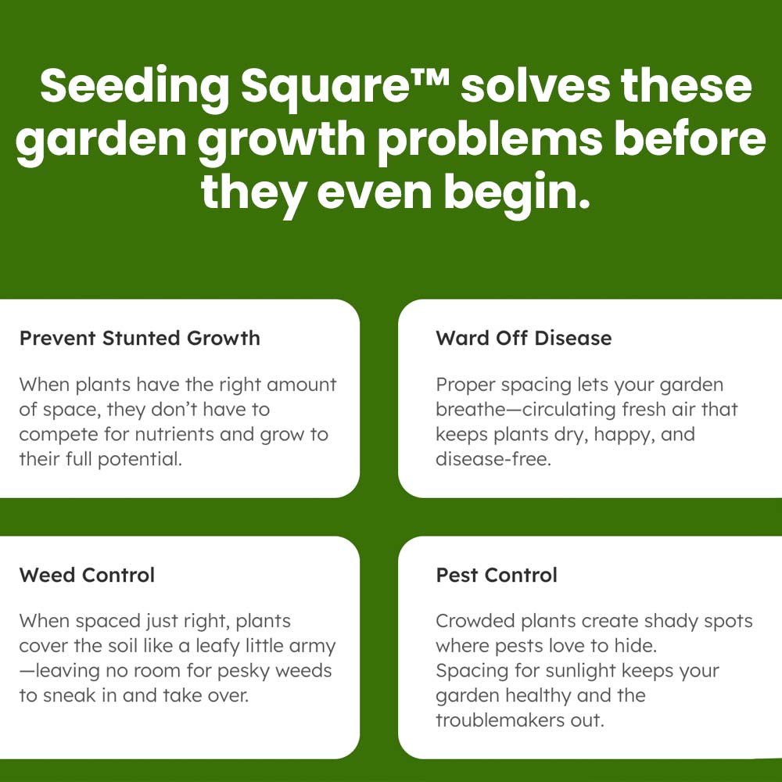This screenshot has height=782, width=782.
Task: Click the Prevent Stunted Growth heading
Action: coord(140,339)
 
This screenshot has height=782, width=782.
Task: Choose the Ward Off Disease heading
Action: coord(524,339)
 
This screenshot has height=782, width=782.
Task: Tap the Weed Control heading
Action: coord(87,576)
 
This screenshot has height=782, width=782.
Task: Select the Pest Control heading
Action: coord(497,576)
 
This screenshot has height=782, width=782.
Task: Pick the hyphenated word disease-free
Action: coord(493,459)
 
